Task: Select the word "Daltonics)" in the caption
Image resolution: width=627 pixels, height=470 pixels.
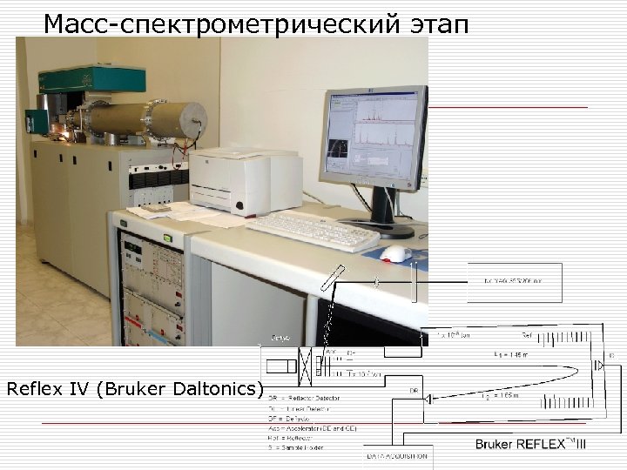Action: pyautogui.click(x=219, y=387)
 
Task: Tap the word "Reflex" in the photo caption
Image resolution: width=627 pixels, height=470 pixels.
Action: pyautogui.click(x=35, y=387)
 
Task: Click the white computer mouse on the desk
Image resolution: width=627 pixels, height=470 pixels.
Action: pyautogui.click(x=396, y=253)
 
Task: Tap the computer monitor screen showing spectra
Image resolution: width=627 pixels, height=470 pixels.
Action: pyautogui.click(x=372, y=137)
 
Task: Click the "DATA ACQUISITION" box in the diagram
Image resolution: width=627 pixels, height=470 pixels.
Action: pyautogui.click(x=397, y=456)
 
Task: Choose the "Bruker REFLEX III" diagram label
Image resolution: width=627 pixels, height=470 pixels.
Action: pyautogui.click(x=531, y=444)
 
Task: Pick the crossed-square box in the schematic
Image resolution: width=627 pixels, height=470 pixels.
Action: pyautogui.click(x=307, y=365)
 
